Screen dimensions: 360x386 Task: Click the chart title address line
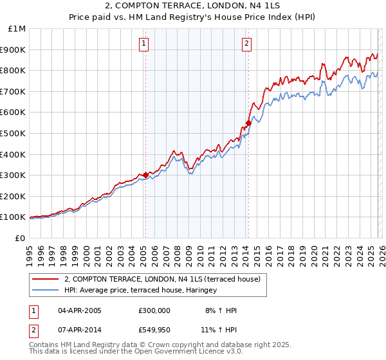point(192,6)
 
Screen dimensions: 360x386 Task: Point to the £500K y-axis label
point(13,133)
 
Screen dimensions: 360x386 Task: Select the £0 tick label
point(19,238)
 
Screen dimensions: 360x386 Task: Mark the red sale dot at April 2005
point(146,175)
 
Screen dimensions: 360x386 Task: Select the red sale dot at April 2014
point(248,123)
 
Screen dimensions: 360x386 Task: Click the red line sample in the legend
point(45,279)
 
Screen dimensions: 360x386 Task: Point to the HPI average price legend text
point(140,291)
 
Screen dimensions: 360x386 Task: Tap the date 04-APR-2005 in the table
point(80,310)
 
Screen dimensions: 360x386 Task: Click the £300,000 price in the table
point(154,310)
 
